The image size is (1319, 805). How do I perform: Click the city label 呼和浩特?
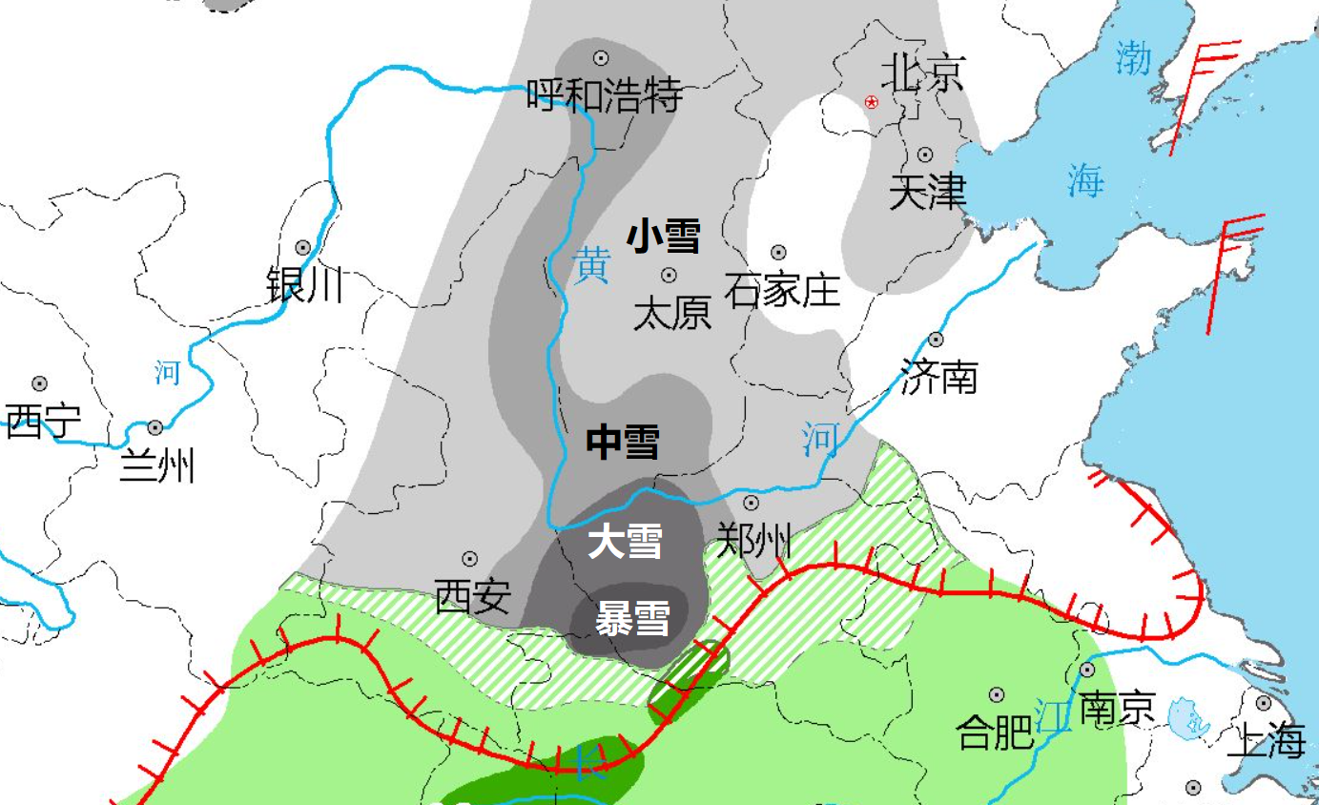coord(605,95)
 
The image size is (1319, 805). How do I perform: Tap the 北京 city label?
coord(922,72)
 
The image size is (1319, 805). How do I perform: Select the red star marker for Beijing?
coord(871,102)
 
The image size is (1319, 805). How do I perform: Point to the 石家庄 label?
coord(782,289)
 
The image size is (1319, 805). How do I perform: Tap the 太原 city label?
coord(672,313)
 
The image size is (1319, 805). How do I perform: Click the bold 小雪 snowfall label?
coord(664,237)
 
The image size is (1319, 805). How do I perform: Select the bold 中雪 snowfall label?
coord(623,443)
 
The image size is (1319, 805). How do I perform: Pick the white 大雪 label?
coord(625,543)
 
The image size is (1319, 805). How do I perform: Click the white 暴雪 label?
coord(632,620)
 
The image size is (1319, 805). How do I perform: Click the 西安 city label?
coord(473,597)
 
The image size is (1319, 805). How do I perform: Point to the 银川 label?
coord(304,284)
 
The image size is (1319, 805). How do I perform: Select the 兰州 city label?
coord(157,466)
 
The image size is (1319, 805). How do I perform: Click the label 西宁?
coord(43,421)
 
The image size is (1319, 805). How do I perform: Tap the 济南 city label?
coord(939,378)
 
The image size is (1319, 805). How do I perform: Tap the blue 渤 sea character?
coord(1135,59)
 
